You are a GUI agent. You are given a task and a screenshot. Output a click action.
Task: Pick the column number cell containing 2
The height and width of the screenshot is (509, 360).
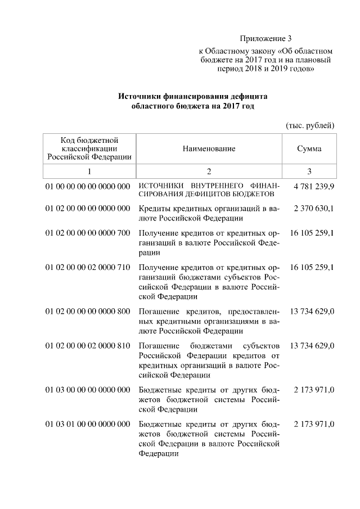point(209,171)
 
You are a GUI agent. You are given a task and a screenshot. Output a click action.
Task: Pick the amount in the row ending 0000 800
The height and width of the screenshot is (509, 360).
point(312,311)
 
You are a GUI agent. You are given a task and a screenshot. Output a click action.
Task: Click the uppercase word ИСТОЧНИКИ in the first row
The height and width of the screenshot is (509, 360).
point(160,186)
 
